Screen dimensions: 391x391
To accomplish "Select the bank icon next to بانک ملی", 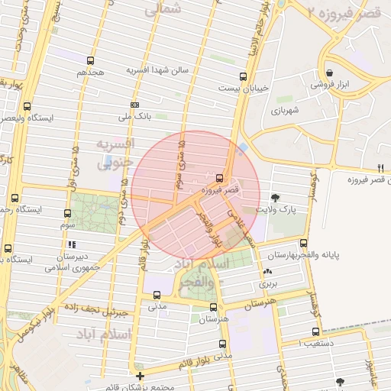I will coord(134,105).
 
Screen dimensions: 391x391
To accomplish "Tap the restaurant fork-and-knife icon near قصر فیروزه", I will coord(380,168).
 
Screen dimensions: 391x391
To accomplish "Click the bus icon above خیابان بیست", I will coord(243,76).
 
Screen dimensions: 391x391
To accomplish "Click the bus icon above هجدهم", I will coord(91,60).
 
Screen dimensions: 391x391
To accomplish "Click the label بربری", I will coord(268,283).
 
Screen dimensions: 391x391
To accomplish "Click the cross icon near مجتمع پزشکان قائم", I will coord(140,376).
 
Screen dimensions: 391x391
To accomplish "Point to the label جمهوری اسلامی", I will coord(66,268).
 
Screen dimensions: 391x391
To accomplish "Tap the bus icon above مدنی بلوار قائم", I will coord(222,344).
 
